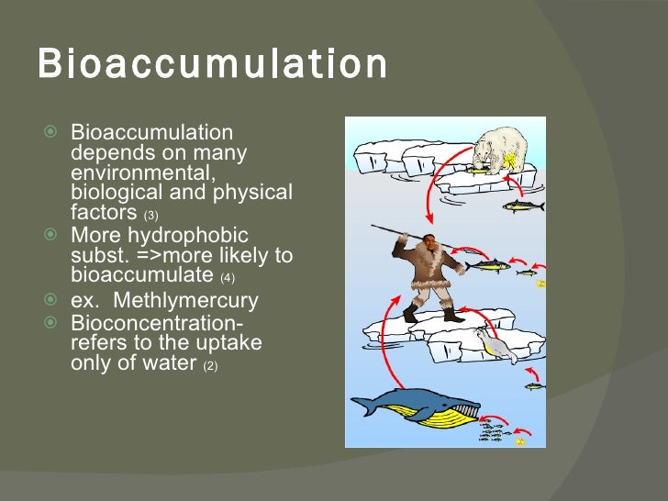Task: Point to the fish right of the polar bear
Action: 523,206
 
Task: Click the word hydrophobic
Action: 189,235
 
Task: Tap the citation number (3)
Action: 150,215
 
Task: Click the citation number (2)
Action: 209,365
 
